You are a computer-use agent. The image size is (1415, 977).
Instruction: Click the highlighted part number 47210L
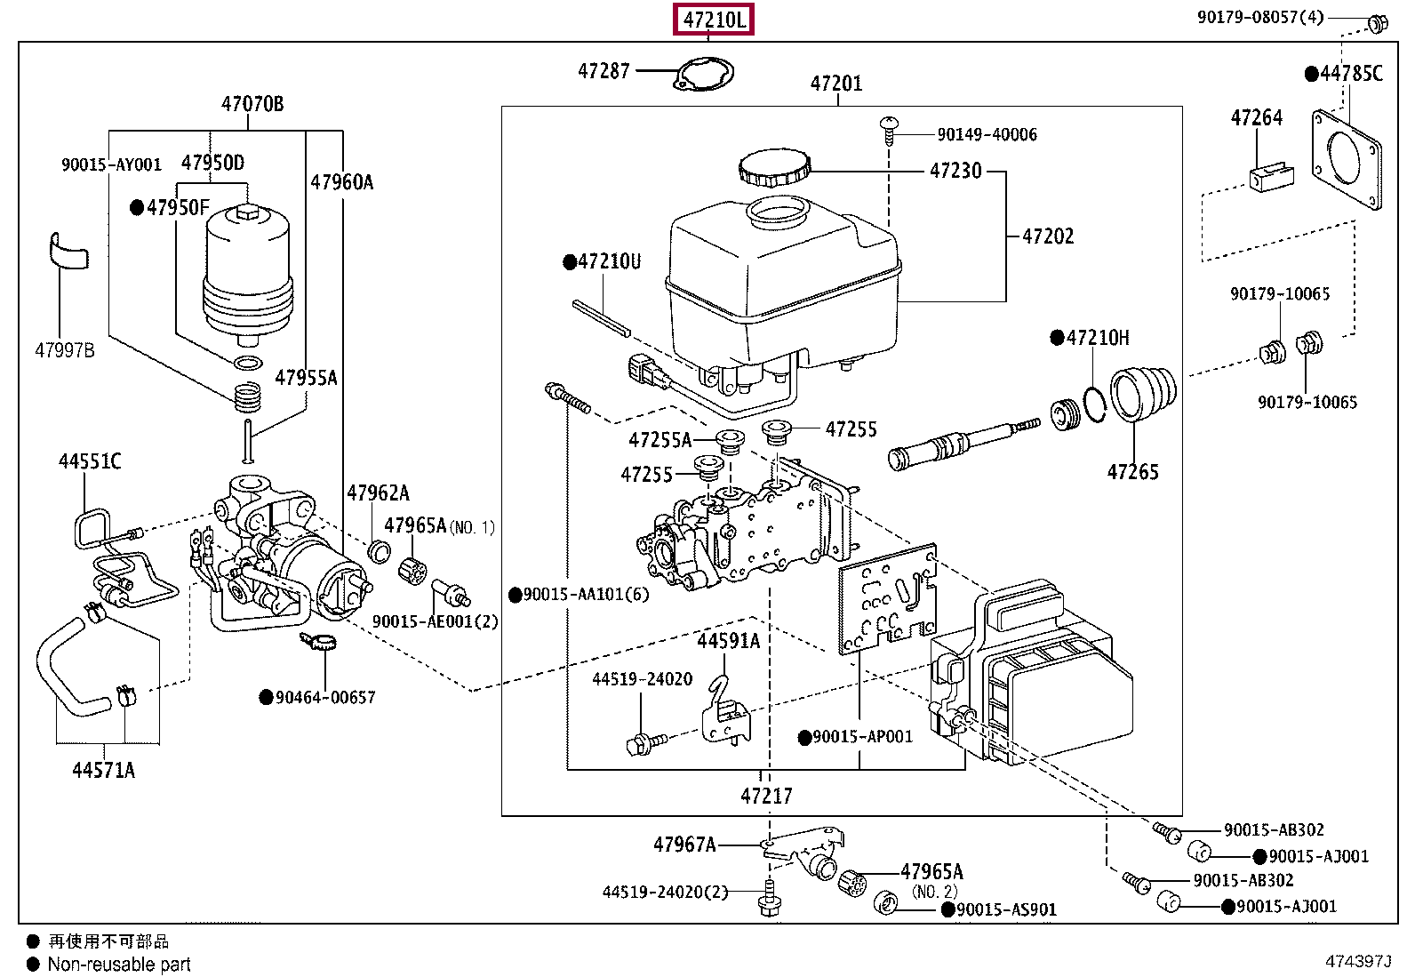coord(714,19)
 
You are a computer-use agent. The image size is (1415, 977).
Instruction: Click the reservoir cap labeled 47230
coord(774,167)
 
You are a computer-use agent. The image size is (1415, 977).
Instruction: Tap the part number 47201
coord(835,84)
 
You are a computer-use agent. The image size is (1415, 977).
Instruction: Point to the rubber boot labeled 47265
coord(1143,394)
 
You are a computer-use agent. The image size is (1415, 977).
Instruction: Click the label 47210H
coord(1097,338)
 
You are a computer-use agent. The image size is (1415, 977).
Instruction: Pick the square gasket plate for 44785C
coord(1347,159)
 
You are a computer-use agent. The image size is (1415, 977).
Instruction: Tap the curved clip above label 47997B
coord(68,251)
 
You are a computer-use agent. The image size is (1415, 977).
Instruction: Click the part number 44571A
coord(103,770)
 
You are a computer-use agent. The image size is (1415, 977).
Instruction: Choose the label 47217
coord(766,796)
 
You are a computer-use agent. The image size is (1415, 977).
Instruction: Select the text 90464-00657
coord(324,698)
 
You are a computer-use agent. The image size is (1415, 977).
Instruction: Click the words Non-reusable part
coord(119,965)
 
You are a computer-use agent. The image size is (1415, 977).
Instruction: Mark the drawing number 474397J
coord(1357,961)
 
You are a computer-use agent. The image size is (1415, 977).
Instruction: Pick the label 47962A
coord(378,493)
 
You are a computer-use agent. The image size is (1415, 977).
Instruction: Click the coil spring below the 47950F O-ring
coord(248,396)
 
